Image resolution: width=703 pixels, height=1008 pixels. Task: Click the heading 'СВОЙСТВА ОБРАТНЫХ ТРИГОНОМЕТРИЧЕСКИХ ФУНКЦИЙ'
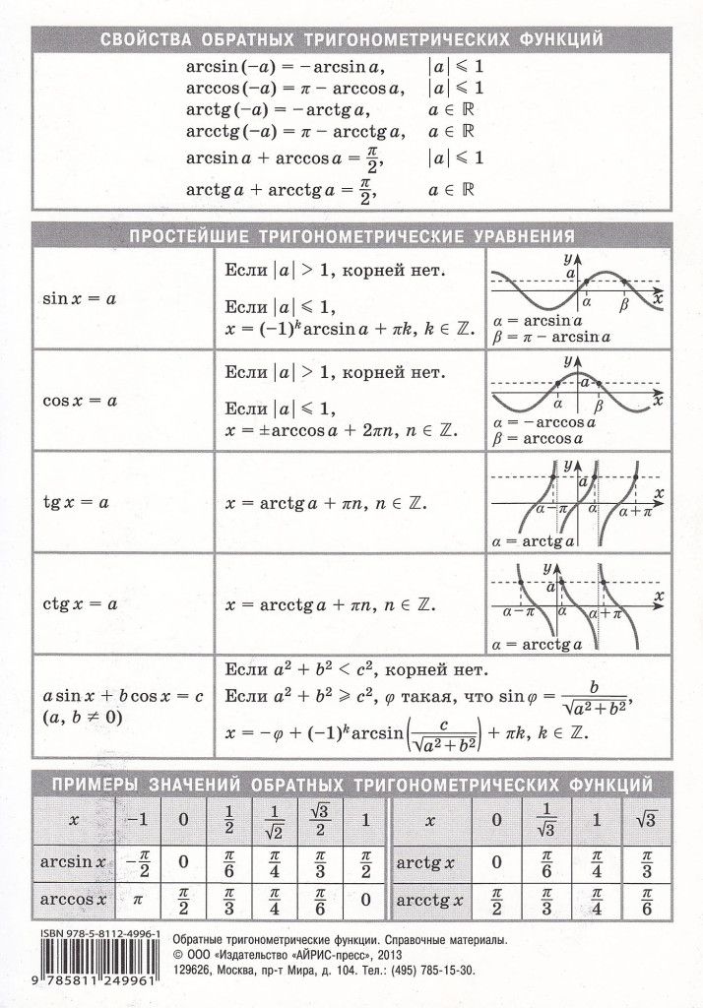(x=351, y=40)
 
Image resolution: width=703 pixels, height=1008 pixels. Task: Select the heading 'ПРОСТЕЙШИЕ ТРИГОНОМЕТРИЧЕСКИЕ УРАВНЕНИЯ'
(x=351, y=236)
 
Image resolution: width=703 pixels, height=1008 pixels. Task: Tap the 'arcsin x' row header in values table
(x=72, y=860)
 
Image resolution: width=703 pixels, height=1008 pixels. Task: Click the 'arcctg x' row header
(x=430, y=900)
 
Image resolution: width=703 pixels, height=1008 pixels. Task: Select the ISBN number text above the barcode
(x=89, y=938)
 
